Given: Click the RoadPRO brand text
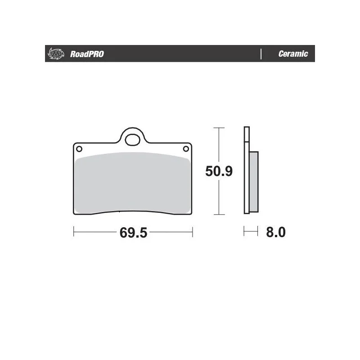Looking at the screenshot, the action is [x=87, y=54].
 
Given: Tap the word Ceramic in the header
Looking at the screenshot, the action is [x=293, y=54].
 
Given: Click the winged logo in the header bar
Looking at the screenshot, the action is [x=55, y=54].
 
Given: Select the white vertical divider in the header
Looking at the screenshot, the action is [x=261, y=54].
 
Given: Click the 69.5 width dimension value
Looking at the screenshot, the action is [x=133, y=233].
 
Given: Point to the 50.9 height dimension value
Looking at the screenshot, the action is [x=219, y=171].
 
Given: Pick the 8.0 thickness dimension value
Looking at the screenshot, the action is [x=276, y=232].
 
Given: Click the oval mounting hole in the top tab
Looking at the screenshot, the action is [x=132, y=140].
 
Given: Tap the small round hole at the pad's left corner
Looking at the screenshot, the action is [x=79, y=149].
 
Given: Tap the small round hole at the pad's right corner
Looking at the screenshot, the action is [x=186, y=149].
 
